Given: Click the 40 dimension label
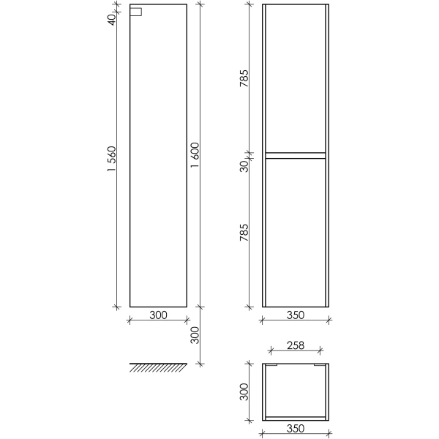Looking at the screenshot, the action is pos(112,20).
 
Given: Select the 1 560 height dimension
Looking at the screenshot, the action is pos(112,159).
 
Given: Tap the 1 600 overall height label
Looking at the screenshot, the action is pos(195,155).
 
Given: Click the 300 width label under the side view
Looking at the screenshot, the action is pos(158,315).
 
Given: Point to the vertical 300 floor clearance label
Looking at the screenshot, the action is pos(195,335).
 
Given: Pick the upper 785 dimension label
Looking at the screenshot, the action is pos(244,78).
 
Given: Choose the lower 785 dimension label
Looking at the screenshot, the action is pos(244,233).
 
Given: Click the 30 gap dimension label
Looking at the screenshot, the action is pos(244,166).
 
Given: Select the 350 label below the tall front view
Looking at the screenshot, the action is pos(296,315).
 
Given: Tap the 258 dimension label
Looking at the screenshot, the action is pos(296,345).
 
